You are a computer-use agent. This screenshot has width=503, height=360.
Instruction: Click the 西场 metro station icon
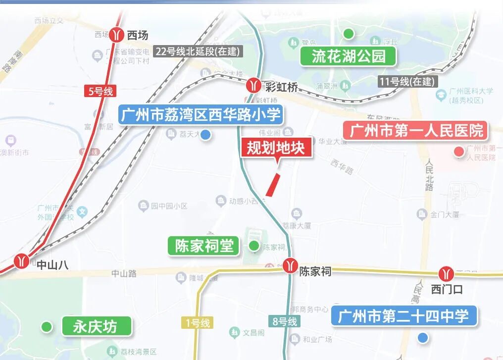[x=117, y=35]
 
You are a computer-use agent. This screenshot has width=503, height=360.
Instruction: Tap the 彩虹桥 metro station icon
[x=254, y=86]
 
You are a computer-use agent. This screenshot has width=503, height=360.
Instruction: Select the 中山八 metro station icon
[x=21, y=260]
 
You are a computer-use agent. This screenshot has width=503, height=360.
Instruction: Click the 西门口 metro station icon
[x=446, y=273]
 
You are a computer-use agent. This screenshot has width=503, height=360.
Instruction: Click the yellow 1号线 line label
[x=198, y=323]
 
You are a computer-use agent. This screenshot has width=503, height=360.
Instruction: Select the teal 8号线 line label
[x=285, y=321]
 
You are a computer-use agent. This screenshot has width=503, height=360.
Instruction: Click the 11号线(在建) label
[x=406, y=82]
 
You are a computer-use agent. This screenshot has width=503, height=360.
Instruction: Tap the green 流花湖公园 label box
[x=349, y=56]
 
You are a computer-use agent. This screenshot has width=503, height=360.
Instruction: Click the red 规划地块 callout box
[x=277, y=148]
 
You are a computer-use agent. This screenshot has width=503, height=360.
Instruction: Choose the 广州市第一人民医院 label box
[x=416, y=131]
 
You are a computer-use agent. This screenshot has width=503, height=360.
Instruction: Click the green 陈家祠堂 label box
[x=203, y=246]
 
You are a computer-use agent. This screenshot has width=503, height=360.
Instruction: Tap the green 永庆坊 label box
[x=97, y=326]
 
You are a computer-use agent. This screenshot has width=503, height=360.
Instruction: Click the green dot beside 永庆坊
[x=47, y=326]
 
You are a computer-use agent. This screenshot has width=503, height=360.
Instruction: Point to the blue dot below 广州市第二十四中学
[x=422, y=338]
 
